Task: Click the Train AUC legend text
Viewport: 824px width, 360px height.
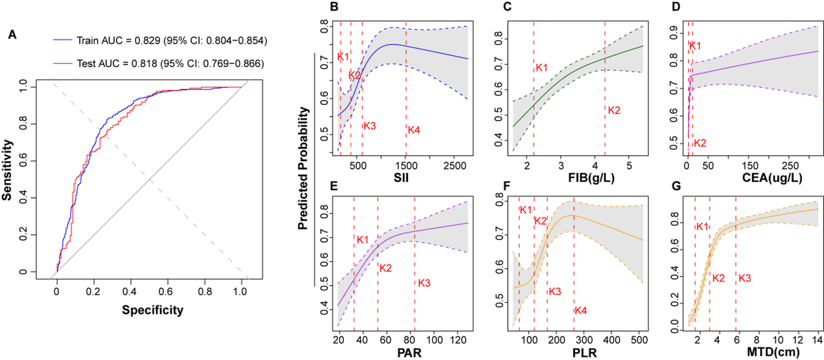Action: tap(171, 41)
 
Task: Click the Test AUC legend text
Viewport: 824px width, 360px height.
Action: tap(170, 64)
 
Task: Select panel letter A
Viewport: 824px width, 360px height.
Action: tap(12, 35)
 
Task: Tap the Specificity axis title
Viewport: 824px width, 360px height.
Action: tap(152, 310)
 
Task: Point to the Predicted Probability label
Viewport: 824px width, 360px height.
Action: tap(303, 169)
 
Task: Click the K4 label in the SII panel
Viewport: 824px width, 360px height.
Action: tap(413, 130)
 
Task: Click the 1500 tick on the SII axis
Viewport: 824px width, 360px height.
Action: tap(406, 166)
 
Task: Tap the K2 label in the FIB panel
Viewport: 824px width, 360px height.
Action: tap(614, 110)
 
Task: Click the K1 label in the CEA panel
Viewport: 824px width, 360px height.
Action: tap(695, 46)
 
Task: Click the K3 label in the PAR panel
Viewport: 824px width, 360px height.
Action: tap(424, 283)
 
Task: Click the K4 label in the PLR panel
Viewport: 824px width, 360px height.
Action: tap(580, 311)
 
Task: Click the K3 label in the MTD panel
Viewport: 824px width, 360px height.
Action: tap(744, 279)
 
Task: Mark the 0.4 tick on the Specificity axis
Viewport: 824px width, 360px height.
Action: tap(130, 291)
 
